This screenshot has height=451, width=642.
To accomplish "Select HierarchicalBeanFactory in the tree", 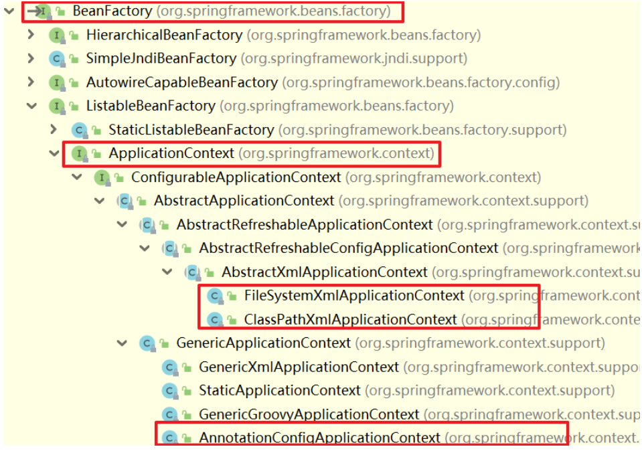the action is (x=164, y=35).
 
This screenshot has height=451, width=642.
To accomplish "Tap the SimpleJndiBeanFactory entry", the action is (x=161, y=59).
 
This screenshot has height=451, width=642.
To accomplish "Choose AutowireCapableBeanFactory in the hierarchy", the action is (x=181, y=82).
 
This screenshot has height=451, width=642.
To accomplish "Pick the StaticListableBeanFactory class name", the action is (x=191, y=130).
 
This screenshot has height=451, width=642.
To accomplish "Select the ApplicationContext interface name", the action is (x=171, y=153).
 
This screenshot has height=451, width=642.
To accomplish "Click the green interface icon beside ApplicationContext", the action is (x=80, y=154).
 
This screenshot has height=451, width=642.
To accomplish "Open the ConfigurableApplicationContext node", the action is (x=236, y=177).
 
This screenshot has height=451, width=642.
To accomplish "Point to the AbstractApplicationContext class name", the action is (x=244, y=201).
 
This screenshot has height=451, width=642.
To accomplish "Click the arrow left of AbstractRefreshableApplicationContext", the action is (x=122, y=225).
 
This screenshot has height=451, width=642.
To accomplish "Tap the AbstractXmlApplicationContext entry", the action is (x=324, y=272).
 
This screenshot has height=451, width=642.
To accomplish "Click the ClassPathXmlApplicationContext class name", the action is (x=350, y=319).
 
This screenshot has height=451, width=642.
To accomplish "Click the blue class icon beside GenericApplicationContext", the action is (x=147, y=343).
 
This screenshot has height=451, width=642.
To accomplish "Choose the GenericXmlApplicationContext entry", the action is (x=299, y=367).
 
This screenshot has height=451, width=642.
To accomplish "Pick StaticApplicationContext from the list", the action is (x=279, y=390).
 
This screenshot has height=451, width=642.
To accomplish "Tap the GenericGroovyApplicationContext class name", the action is (x=309, y=415).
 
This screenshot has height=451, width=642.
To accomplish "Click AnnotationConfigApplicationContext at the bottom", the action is (x=319, y=438).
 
